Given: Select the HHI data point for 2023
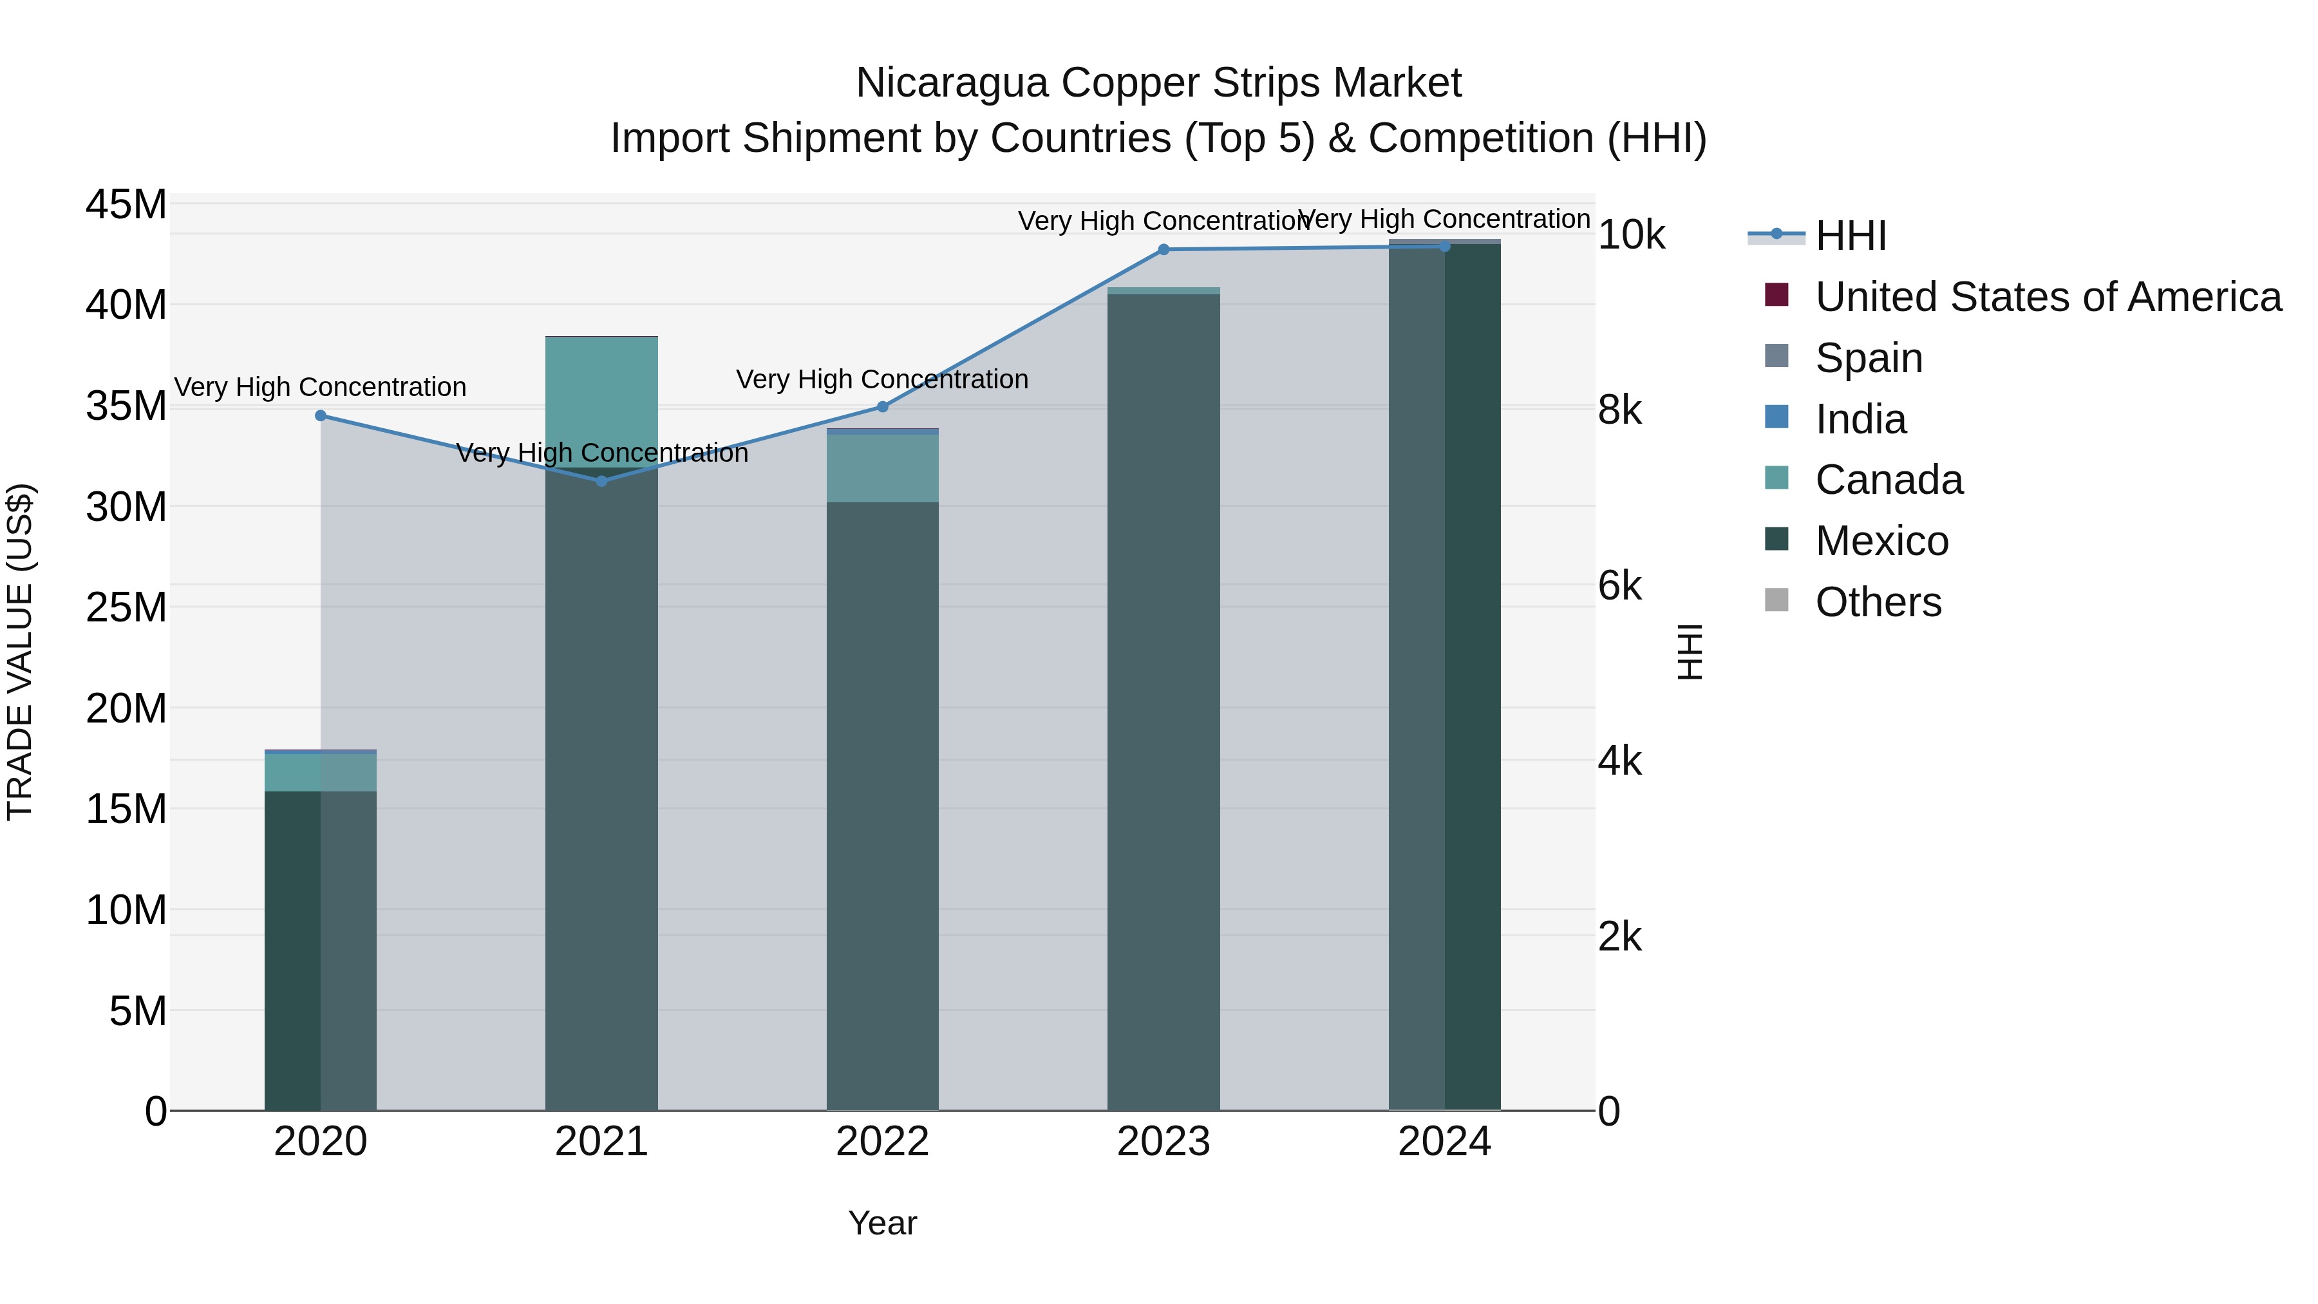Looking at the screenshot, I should pos(1164,249).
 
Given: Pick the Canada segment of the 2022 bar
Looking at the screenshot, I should pos(882,468).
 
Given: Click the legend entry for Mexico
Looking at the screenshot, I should pos(1881,541).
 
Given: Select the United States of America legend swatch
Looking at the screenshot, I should pos(1776,295).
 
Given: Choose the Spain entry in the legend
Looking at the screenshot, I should pos(1868,358).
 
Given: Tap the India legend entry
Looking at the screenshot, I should pos(1860,419).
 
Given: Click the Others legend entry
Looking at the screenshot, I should pos(1878,602).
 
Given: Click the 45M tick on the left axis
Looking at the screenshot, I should pos(126,204).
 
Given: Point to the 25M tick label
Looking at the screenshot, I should pos(126,607).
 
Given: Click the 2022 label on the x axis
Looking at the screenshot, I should pos(882,1142).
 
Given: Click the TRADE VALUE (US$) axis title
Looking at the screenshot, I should pos(21,652).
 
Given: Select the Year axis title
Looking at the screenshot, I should pos(882,1223).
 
